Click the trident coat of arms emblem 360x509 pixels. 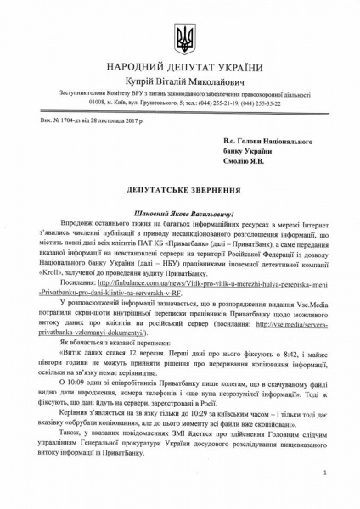click(x=181, y=38)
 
